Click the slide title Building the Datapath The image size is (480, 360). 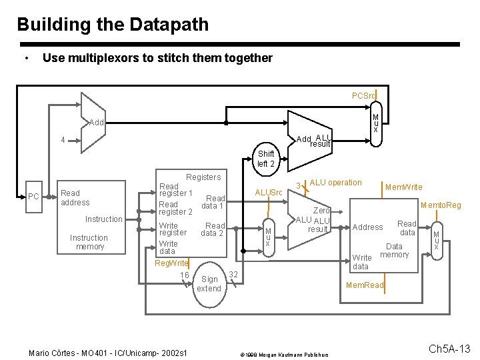click(x=113, y=25)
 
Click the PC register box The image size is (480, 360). click(x=33, y=197)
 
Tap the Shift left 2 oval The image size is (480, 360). click(x=265, y=159)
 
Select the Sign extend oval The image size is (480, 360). click(x=209, y=284)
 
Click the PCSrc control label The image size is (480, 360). click(x=364, y=95)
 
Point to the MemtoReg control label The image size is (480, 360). click(x=441, y=205)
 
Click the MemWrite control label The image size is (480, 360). click(x=403, y=187)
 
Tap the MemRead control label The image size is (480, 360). click(x=365, y=285)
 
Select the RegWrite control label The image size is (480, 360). click(x=171, y=263)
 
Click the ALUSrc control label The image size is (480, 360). click(x=270, y=193)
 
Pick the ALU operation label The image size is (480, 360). click(x=335, y=183)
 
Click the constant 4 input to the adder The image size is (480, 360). click(x=63, y=141)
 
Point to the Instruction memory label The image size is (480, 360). click(x=89, y=242)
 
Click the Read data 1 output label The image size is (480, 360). click(x=214, y=202)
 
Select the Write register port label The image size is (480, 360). click(x=173, y=229)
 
